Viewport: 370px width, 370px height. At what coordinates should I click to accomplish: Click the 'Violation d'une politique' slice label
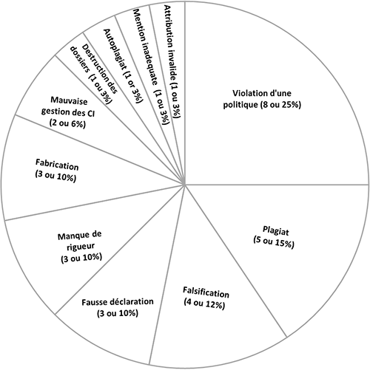tap(262, 99)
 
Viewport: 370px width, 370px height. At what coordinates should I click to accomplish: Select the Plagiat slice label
tap(274, 237)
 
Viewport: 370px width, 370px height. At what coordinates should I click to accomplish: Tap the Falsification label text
tap(205, 298)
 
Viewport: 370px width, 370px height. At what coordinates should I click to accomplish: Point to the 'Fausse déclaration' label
tap(118, 307)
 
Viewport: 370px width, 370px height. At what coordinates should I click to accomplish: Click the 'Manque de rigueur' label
tap(81, 247)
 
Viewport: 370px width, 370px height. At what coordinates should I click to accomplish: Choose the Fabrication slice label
tap(56, 171)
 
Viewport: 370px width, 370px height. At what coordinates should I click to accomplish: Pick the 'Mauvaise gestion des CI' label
tap(68, 112)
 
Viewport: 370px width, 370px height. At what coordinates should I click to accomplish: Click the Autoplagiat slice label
tap(123, 66)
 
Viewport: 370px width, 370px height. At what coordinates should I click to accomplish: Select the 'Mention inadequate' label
tap(151, 67)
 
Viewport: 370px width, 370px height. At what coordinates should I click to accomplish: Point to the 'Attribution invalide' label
tap(172, 62)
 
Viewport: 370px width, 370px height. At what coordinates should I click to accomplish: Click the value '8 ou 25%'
tap(280, 105)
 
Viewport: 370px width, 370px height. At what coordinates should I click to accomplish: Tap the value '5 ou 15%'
tap(274, 242)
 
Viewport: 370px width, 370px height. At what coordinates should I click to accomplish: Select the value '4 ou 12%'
tap(204, 304)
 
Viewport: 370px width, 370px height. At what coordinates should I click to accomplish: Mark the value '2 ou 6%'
tap(67, 124)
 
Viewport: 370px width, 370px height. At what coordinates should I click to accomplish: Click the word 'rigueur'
tap(81, 247)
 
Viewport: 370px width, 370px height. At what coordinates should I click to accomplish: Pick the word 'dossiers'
tap(79, 60)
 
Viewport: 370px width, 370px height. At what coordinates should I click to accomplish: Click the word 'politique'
tap(240, 105)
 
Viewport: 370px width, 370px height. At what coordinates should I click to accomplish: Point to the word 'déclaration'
tap(132, 301)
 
